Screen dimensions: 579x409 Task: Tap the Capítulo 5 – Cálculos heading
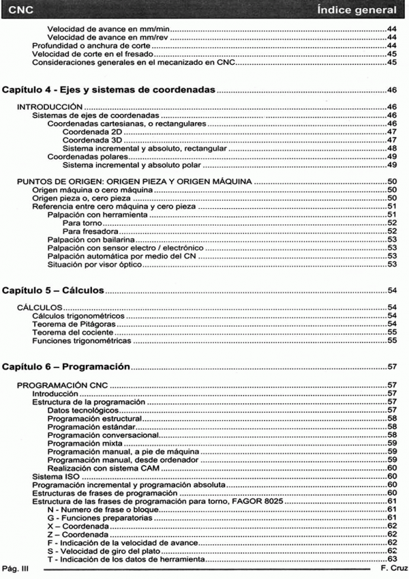click(x=54, y=291)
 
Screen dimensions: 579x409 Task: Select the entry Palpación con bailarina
click(x=89, y=240)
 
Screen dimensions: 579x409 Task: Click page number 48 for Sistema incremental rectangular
click(x=392, y=148)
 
